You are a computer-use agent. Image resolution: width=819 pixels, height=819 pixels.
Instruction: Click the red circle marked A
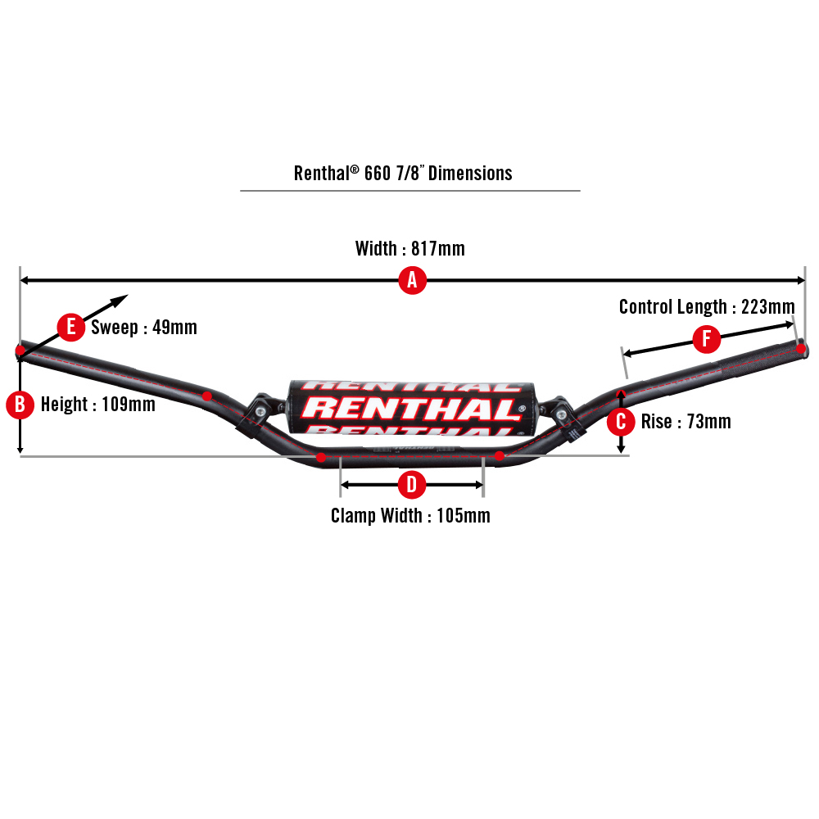[x=412, y=281]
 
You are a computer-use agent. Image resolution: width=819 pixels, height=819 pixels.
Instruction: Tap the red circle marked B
[x=20, y=404]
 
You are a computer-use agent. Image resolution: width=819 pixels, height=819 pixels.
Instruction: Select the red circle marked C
[x=622, y=422]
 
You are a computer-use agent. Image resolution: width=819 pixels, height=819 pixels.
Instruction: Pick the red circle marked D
[x=411, y=485]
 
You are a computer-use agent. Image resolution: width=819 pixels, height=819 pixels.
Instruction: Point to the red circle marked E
[x=71, y=328]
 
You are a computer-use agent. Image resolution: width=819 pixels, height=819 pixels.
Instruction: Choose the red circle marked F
[x=706, y=338]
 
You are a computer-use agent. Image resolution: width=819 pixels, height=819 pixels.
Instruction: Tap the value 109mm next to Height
[x=129, y=405]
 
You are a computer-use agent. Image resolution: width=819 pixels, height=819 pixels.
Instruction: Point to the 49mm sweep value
[x=174, y=328]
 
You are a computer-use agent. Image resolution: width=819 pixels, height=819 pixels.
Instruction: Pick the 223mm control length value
[x=767, y=307]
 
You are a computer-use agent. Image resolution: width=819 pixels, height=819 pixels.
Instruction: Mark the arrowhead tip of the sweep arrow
[x=128, y=296]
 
